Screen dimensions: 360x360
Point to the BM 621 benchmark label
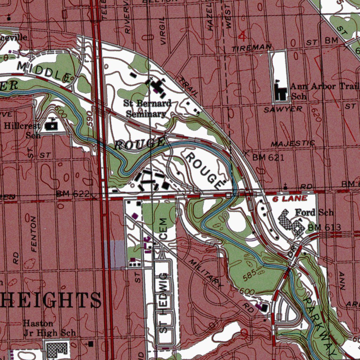pyautogui.click(x=268, y=157)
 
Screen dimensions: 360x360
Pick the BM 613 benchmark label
pyautogui.click(x=324, y=228)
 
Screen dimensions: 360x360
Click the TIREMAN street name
pyautogui.click(x=251, y=48)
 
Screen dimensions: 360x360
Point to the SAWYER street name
pyautogui.click(x=283, y=110)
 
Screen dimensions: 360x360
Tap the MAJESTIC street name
pyautogui.click(x=292, y=144)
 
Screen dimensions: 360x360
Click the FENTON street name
pyautogui.click(x=34, y=234)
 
